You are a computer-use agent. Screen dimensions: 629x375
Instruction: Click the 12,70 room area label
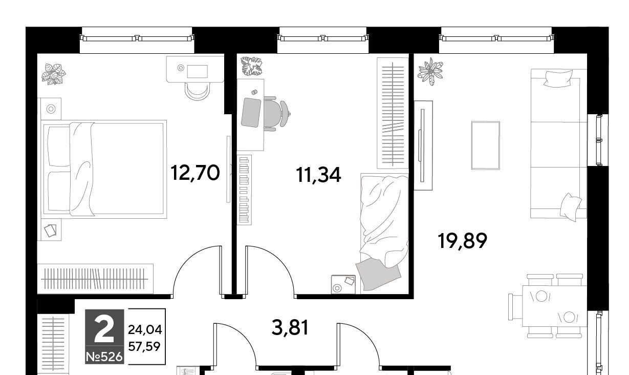click(195, 173)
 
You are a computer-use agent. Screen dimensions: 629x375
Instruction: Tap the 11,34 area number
click(318, 175)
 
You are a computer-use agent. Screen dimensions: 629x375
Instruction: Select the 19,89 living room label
click(463, 241)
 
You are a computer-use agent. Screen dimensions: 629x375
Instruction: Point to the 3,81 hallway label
click(290, 327)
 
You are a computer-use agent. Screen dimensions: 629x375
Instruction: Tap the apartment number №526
click(104, 357)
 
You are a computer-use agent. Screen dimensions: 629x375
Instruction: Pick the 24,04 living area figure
click(145, 329)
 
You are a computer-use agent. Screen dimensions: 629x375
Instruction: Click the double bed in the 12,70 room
click(104, 169)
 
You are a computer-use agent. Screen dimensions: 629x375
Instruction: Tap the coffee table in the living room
click(486, 145)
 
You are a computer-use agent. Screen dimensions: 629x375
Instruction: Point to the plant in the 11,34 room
click(252, 66)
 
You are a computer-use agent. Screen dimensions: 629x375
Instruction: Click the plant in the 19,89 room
click(430, 71)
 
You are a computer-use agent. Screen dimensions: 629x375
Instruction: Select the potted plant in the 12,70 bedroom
click(53, 74)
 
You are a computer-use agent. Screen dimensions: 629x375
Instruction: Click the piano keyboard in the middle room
click(244, 190)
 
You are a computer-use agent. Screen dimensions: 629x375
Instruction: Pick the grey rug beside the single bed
click(378, 275)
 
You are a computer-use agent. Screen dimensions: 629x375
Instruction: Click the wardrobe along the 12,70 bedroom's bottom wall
click(96, 279)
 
